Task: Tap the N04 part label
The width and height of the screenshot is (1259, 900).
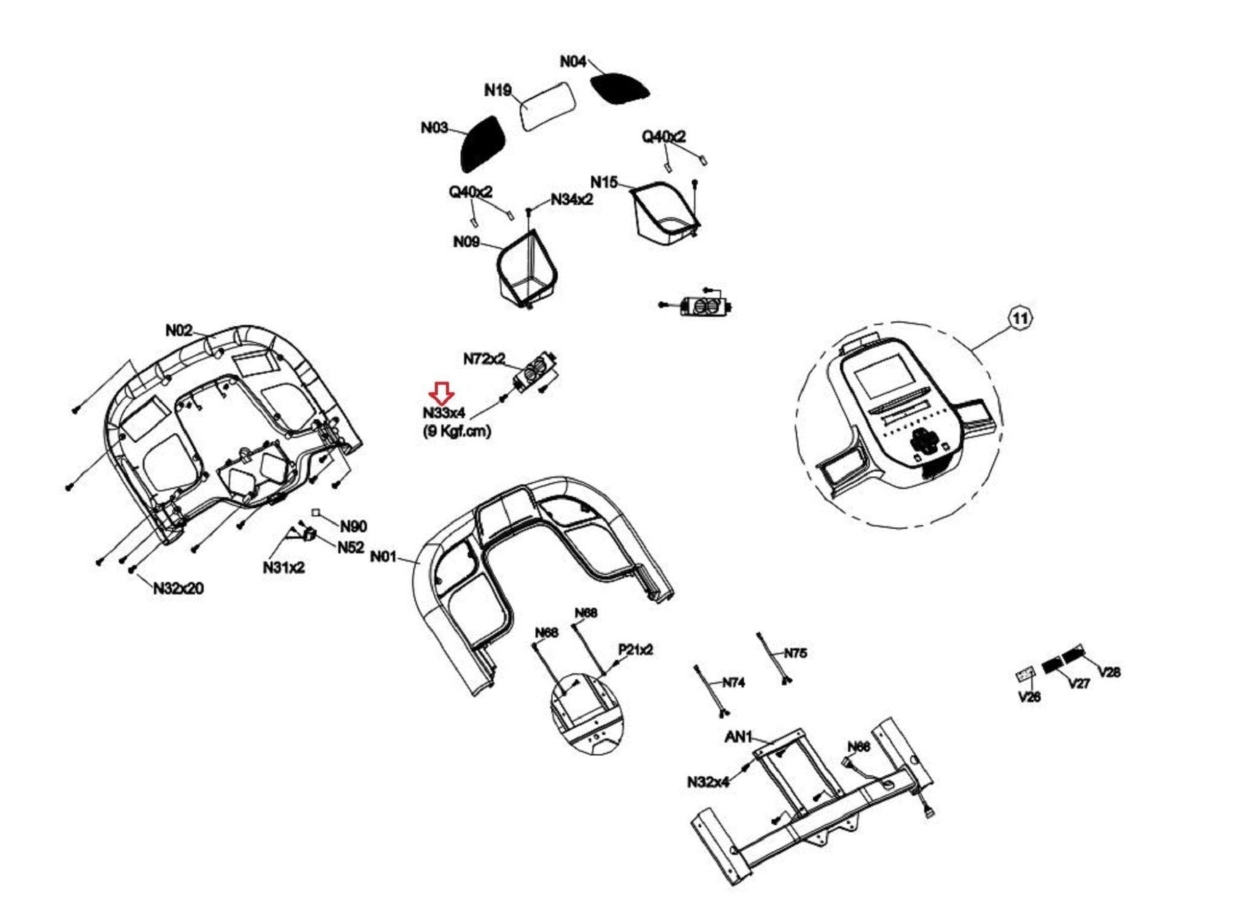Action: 573,62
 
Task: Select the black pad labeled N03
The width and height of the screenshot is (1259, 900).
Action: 483,144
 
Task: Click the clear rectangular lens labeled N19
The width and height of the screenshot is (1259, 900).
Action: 548,106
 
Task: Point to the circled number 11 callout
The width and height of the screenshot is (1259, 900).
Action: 1020,318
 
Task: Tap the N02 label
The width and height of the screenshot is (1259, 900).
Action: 179,331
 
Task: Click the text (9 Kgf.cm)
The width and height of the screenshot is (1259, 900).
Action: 457,431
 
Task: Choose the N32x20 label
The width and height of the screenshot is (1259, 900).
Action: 179,588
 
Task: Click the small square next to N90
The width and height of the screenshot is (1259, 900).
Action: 316,512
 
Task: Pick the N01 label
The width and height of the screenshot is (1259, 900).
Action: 384,556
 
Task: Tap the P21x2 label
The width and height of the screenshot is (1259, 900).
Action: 635,650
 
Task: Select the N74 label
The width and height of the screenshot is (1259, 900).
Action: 733,682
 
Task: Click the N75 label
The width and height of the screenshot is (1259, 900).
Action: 795,653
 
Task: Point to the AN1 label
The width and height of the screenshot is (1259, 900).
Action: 738,736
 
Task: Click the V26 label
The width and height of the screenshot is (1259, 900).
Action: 1029,697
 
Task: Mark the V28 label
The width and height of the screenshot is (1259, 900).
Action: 1109,672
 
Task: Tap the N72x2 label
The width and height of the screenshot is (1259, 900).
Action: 484,358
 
